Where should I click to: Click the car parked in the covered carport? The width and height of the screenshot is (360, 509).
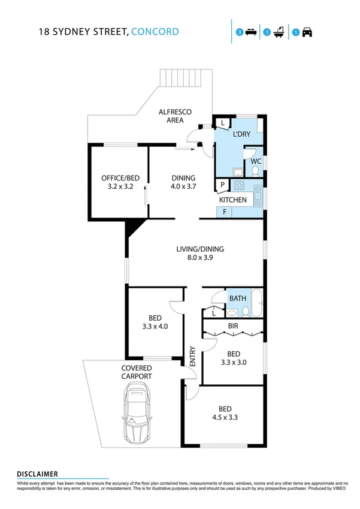[x=137, y=415]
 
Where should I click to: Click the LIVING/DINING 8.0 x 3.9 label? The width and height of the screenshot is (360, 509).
[x=195, y=253]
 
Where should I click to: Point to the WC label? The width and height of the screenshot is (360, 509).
[x=256, y=161]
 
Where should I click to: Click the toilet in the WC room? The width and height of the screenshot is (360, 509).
[x=256, y=172]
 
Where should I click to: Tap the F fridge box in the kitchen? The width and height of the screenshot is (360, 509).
[x=225, y=212]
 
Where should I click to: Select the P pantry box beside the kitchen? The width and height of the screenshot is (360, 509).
[x=223, y=185]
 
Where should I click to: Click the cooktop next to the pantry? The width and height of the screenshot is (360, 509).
[x=238, y=185]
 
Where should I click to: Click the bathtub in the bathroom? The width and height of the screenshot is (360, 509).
[x=257, y=304]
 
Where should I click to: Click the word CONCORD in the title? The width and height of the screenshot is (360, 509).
[x=155, y=32]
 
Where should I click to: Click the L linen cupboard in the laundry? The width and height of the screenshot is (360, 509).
[x=222, y=123]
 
